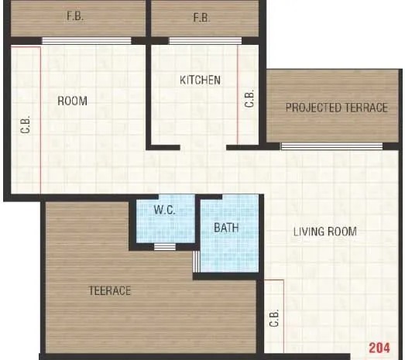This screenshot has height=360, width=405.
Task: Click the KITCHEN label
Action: [x=201, y=80]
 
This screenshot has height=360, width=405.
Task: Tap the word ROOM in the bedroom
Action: [x=73, y=101]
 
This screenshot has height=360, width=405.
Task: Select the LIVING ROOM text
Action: [x=324, y=231]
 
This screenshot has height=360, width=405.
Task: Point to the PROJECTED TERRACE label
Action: [x=336, y=108]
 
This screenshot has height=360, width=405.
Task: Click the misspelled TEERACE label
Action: [x=108, y=291]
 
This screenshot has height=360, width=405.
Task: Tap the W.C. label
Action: [x=164, y=210]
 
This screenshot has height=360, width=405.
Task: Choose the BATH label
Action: [x=227, y=228]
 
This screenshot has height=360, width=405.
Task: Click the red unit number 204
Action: [x=379, y=347]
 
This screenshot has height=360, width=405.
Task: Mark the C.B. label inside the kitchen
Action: [x=249, y=99]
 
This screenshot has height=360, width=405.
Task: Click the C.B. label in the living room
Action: [x=274, y=319]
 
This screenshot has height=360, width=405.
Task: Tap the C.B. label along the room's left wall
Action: [x=25, y=124]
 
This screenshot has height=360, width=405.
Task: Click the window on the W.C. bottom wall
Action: [x=165, y=247]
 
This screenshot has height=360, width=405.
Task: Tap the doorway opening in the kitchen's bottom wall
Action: [x=204, y=146]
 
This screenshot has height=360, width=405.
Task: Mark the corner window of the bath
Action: [x=197, y=261]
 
